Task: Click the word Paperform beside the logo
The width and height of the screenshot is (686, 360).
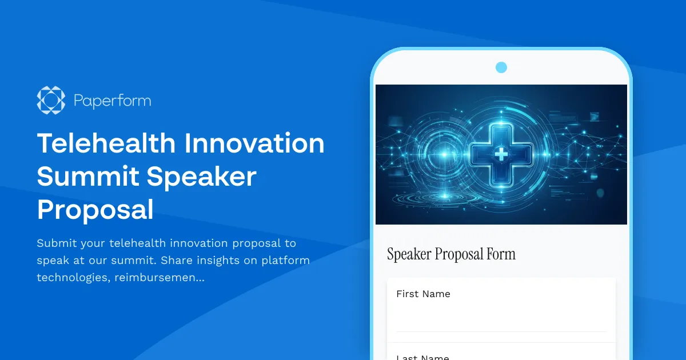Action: point(112,101)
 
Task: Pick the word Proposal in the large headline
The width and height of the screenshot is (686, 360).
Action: point(95,209)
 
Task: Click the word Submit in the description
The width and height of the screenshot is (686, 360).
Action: point(56,243)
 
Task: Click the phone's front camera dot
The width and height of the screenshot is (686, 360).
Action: point(501,67)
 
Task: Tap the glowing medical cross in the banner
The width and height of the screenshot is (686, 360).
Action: point(501,153)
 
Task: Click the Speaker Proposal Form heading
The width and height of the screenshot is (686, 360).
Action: point(451,254)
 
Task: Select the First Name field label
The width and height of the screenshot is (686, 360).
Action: point(423,294)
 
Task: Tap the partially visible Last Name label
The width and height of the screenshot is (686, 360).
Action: point(422,357)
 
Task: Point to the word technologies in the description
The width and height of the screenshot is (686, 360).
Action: point(70,278)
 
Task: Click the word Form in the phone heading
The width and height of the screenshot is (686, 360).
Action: point(501,254)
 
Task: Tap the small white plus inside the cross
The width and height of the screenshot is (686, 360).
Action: point(501,153)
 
